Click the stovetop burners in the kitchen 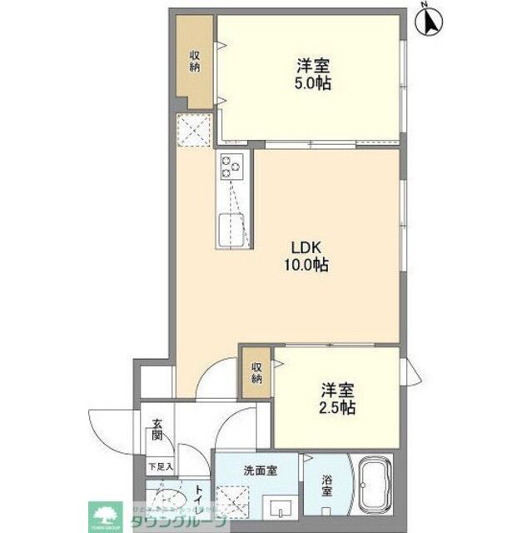[231, 168]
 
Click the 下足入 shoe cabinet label [160, 466]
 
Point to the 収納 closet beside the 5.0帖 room [195, 62]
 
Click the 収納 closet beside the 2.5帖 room [257, 372]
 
